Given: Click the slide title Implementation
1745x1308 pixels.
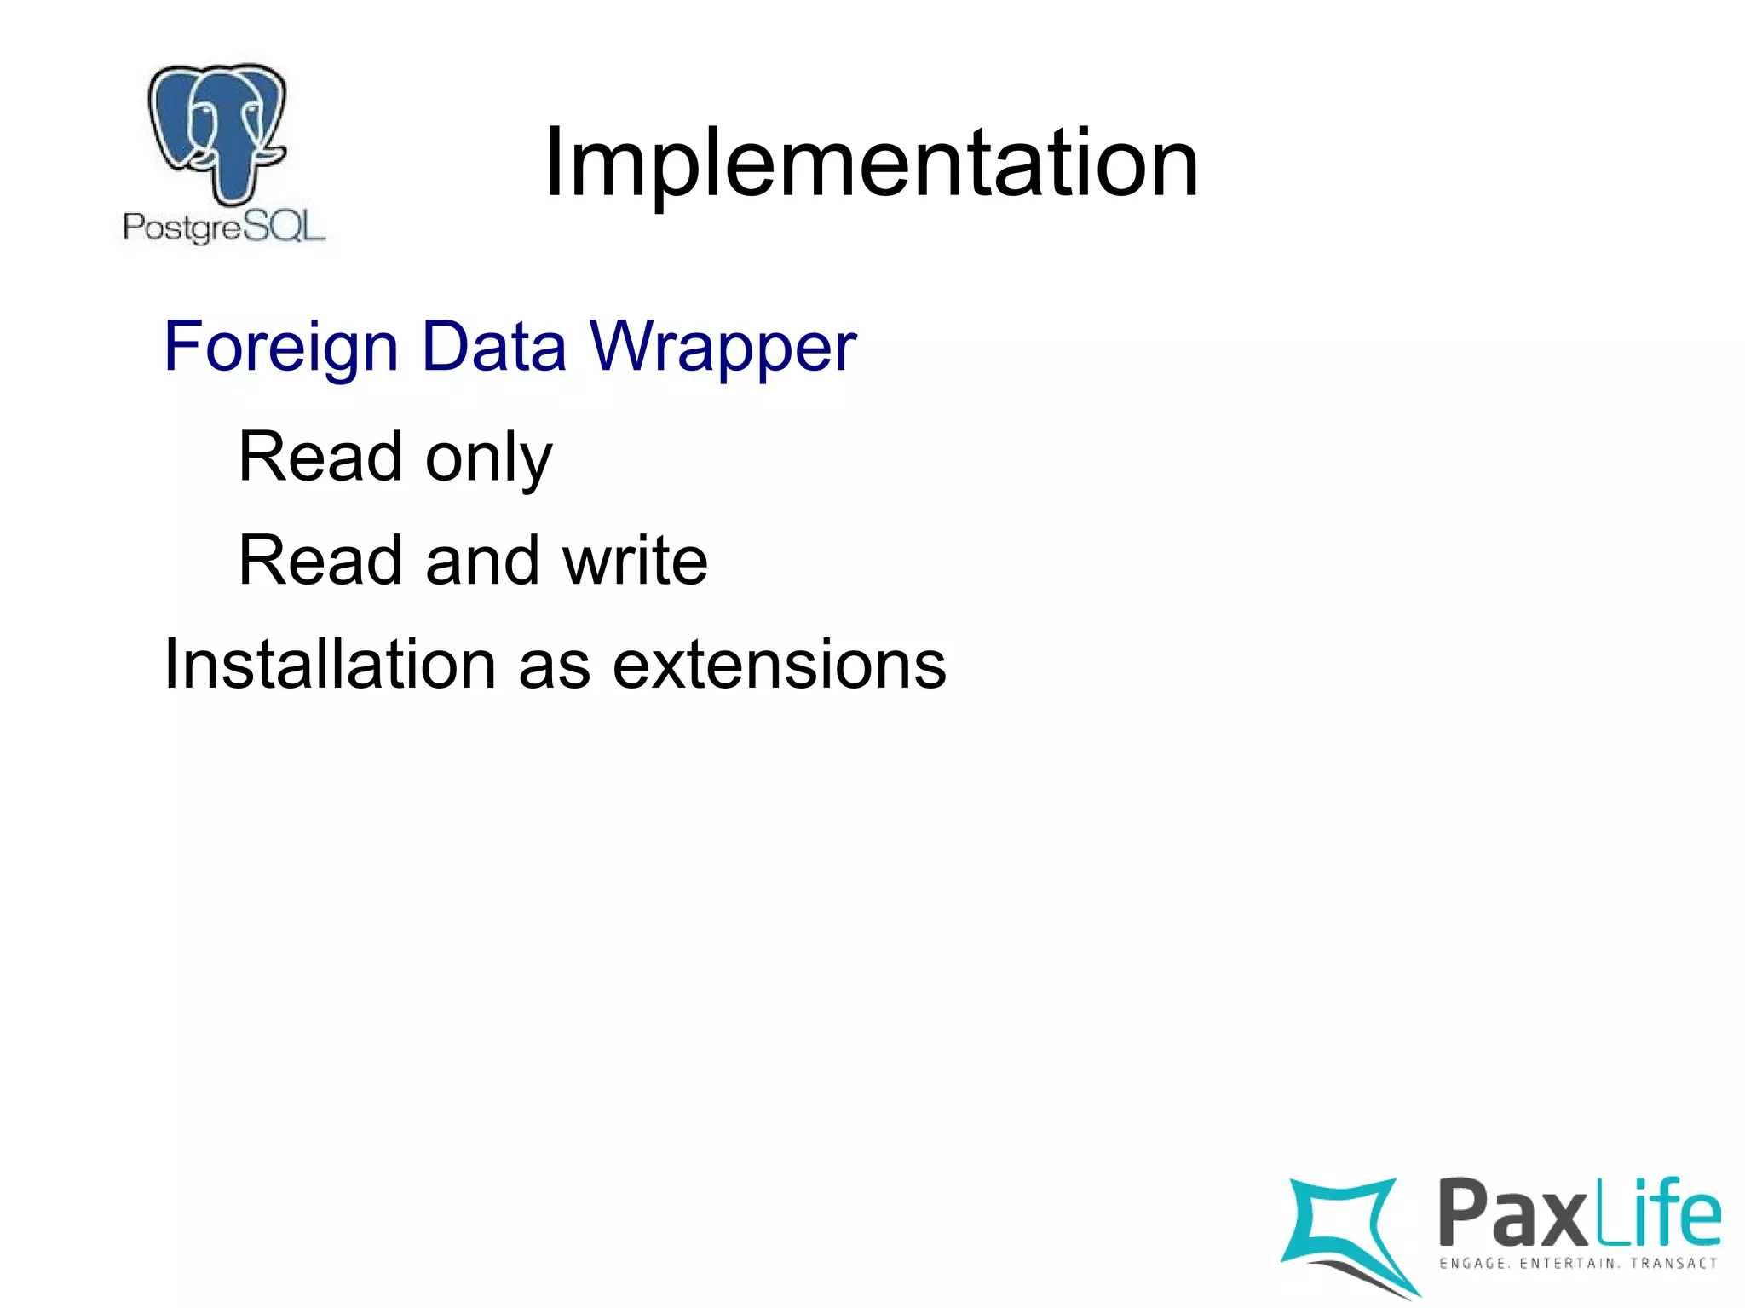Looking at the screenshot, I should tap(871, 162).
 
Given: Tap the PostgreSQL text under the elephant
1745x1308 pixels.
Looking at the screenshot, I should tap(224, 228).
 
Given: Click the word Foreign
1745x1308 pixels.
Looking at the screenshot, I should tap(281, 347).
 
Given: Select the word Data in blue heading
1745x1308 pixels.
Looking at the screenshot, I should tap(494, 347).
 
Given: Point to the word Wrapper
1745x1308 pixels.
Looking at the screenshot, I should tap(723, 347).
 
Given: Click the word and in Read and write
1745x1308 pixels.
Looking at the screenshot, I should tap(482, 561).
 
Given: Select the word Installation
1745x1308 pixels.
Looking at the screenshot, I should tap(330, 664).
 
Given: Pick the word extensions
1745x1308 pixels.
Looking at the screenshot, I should tap(779, 664).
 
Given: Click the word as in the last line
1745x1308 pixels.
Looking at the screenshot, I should tap(554, 664).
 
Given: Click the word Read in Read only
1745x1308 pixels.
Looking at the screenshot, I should tap(320, 458).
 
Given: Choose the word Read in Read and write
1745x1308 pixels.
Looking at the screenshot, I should tap(320, 561).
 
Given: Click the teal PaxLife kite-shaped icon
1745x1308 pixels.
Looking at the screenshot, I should tap(1346, 1231).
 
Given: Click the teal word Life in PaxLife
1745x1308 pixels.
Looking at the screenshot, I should tap(1658, 1211).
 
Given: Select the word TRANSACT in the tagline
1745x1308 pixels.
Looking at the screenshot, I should tap(1673, 1263).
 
